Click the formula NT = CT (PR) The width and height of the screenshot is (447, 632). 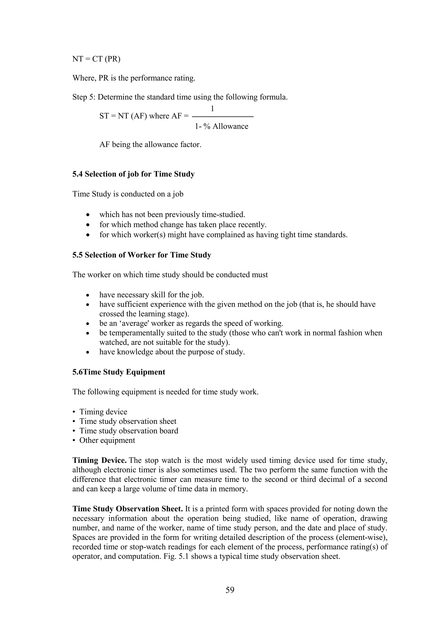point(96,59)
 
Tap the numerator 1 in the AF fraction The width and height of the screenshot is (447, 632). point(212,109)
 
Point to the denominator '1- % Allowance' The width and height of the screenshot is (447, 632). point(221,126)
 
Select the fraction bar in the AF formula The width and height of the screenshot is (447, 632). point(222,117)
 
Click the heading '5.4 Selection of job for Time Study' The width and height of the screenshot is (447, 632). point(134,174)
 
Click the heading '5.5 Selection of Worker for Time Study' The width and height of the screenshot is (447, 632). point(142,255)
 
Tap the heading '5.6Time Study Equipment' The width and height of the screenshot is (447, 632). point(119,372)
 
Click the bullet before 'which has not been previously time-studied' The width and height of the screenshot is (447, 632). point(88,215)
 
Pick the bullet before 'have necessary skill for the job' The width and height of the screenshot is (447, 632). point(88,295)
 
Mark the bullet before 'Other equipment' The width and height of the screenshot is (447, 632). point(74,440)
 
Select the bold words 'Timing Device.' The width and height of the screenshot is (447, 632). point(99,460)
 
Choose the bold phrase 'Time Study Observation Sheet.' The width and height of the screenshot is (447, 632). point(128,509)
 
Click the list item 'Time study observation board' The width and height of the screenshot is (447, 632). point(129,431)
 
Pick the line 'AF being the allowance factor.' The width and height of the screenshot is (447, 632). point(150,144)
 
